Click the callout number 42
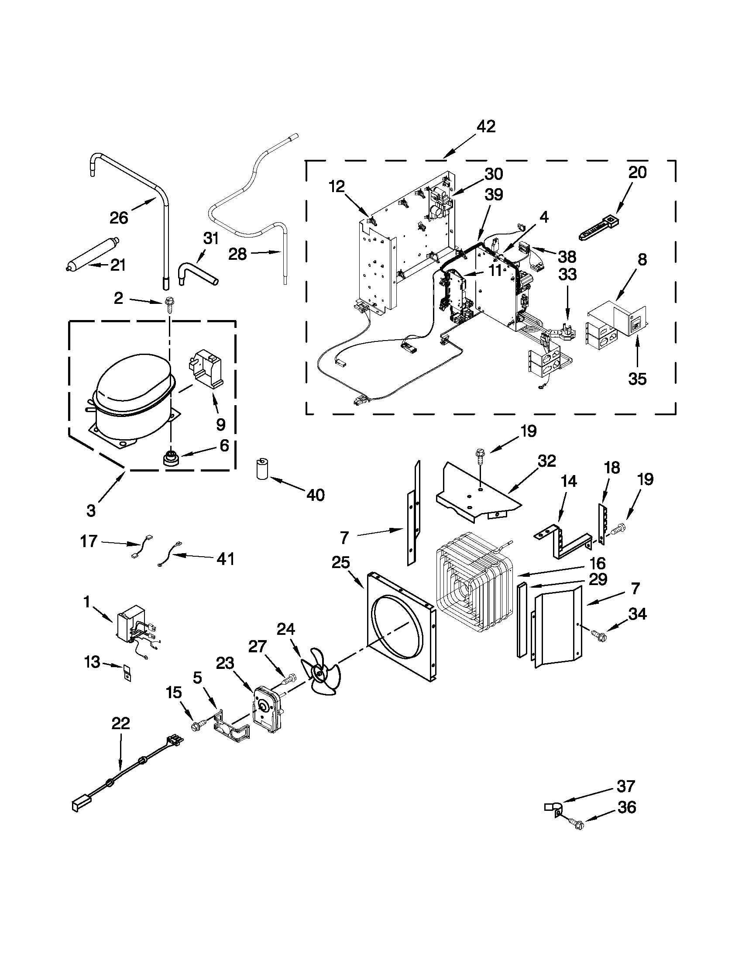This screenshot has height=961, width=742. [486, 126]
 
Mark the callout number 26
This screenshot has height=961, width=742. [119, 218]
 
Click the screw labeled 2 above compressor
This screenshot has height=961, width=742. [168, 303]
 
